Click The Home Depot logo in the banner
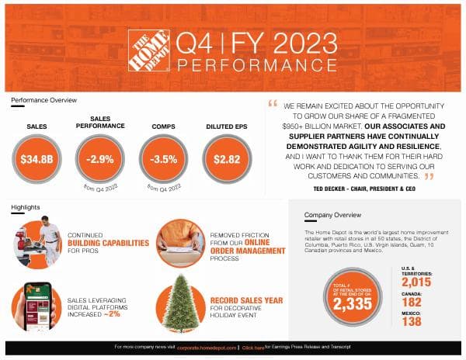coord(148,51)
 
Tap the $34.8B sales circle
coord(37,159)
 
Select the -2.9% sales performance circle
coord(99,159)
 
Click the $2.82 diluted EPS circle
coord(227,159)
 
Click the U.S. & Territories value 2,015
coord(416,281)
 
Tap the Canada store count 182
coord(412,301)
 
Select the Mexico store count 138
coord(412,321)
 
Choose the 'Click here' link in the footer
coord(252,348)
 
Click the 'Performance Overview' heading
coord(43,100)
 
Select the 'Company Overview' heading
coord(332,215)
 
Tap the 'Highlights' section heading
coord(26,207)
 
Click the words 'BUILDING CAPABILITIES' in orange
coord(108,243)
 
